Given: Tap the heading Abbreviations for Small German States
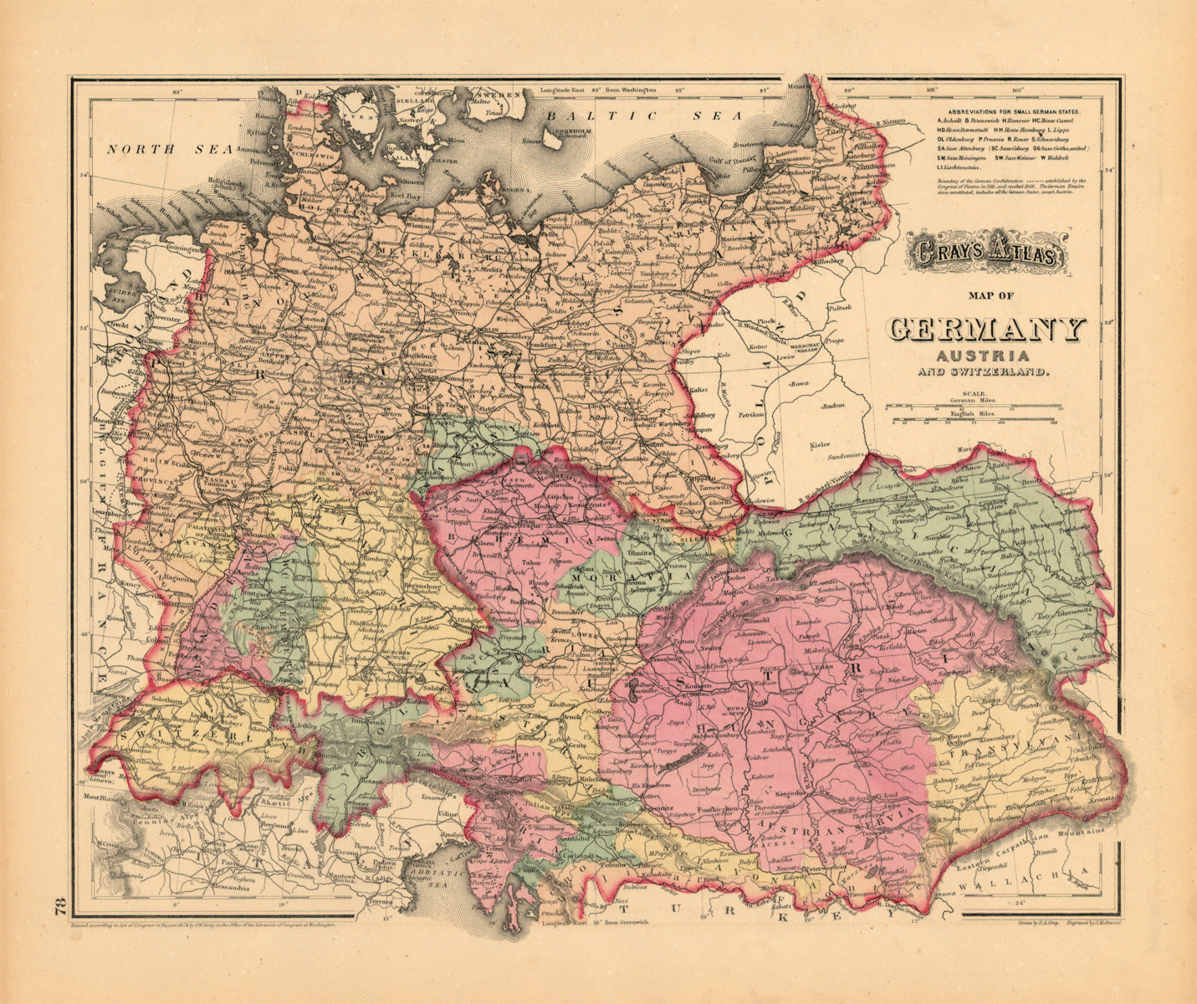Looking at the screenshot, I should (1012, 111).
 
